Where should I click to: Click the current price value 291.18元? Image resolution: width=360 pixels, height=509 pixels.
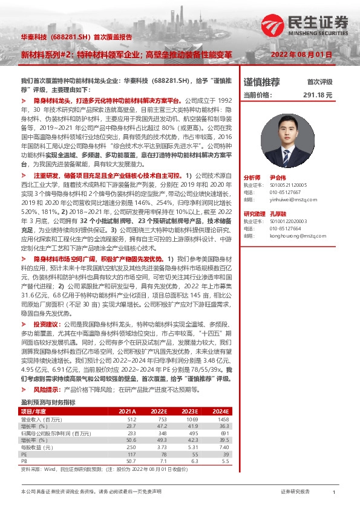click(x=321, y=95)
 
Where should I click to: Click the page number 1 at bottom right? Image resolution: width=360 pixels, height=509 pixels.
click(x=333, y=492)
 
